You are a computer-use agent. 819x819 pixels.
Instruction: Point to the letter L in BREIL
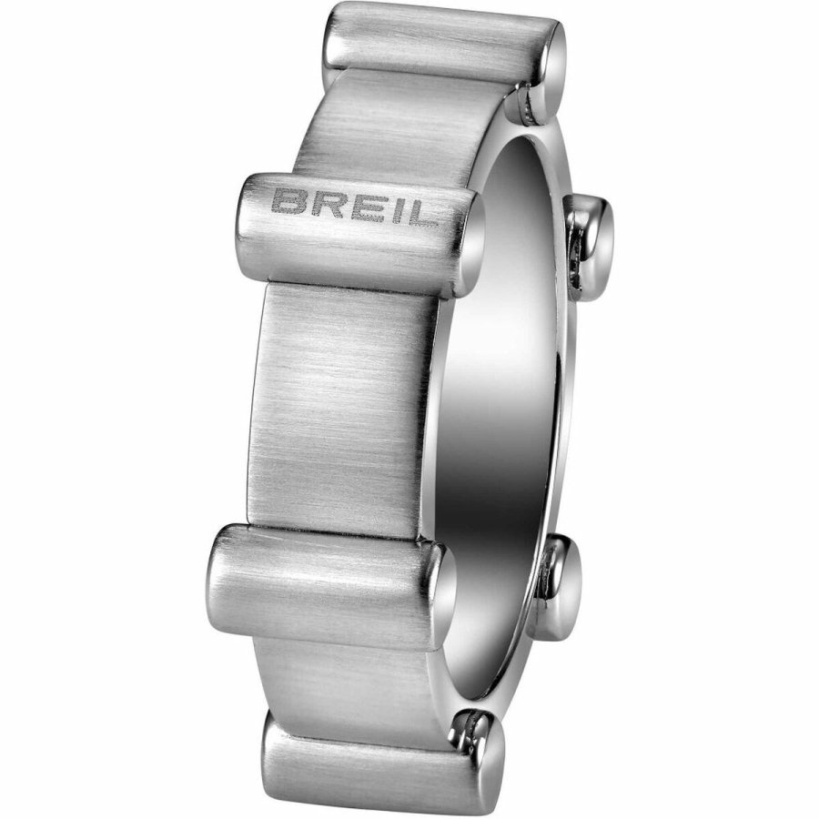coord(422,204)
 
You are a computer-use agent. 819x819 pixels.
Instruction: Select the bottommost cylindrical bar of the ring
coord(373,760)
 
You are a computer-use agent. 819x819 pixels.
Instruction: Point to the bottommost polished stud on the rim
coord(478,737)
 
